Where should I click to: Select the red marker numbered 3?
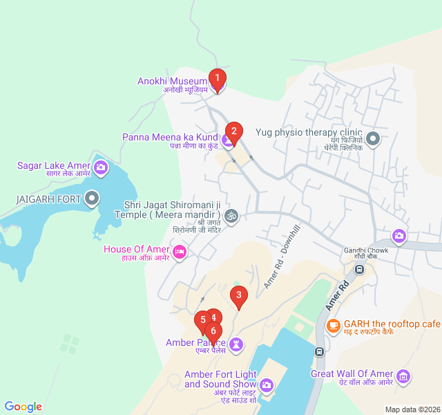click(238, 297)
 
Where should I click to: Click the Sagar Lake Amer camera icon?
click(101, 167)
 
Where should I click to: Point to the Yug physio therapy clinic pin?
click(373, 139)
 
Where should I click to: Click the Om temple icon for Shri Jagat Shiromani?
click(232, 216)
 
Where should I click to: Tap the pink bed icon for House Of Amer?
click(180, 250)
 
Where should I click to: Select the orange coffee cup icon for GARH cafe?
click(333, 324)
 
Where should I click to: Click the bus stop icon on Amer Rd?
click(319, 351)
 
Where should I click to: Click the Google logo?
click(23, 407)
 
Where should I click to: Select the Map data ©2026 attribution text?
click(412, 409)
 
